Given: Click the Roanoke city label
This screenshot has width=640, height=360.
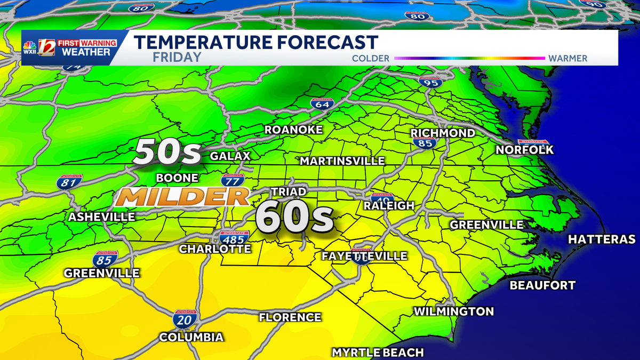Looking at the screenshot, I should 294,131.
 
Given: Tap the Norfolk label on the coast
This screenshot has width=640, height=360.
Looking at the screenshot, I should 524,150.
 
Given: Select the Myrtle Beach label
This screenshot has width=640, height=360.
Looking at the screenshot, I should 378,353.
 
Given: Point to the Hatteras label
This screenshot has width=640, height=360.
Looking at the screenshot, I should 602,239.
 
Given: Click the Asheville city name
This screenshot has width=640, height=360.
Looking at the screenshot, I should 101,217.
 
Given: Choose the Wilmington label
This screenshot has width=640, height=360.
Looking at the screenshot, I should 454,311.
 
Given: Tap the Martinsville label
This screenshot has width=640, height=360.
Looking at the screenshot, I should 342,161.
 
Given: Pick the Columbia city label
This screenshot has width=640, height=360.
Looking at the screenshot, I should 191,337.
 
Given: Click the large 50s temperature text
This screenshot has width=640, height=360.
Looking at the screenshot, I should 167,153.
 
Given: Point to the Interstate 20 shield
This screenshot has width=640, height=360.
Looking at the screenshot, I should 185,319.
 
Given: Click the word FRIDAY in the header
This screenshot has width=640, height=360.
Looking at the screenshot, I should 177,57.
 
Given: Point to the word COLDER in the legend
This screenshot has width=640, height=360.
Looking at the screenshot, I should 371,58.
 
